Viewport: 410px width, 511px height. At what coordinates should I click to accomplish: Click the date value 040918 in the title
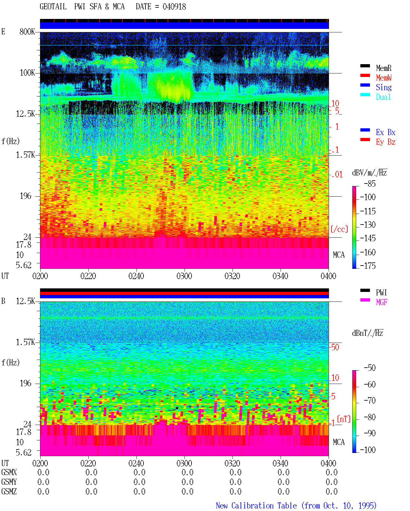[x=174, y=7]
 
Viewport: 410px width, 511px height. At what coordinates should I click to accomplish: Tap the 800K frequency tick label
[x=27, y=31]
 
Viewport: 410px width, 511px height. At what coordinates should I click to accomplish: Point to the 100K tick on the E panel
[x=27, y=73]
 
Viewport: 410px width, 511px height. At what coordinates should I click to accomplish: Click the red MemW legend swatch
[x=365, y=75]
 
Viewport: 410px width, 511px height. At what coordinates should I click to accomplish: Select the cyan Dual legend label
[x=383, y=97]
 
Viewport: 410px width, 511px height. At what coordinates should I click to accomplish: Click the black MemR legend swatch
[x=365, y=66]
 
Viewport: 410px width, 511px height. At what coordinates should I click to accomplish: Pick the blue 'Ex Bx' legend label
[x=385, y=132]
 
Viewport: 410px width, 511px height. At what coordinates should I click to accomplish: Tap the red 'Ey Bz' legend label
[x=385, y=142]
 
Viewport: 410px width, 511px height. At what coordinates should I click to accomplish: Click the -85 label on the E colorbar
[x=370, y=184]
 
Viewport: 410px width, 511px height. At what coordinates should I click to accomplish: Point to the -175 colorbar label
[x=368, y=266]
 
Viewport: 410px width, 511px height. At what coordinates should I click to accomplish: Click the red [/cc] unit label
[x=339, y=229]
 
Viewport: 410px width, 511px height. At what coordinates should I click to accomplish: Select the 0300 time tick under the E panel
[x=184, y=276]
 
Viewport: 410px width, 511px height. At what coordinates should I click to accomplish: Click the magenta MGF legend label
[x=381, y=302]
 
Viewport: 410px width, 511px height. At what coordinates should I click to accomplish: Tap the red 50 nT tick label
[x=335, y=347]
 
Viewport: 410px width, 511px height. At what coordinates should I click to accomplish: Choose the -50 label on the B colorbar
[x=370, y=368]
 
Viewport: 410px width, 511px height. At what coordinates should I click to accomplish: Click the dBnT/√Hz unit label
[x=367, y=333]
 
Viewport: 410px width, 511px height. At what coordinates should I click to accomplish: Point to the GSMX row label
[x=9, y=472]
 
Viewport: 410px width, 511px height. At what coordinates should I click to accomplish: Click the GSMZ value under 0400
[x=332, y=491]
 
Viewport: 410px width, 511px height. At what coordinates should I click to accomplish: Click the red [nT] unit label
[x=344, y=419]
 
